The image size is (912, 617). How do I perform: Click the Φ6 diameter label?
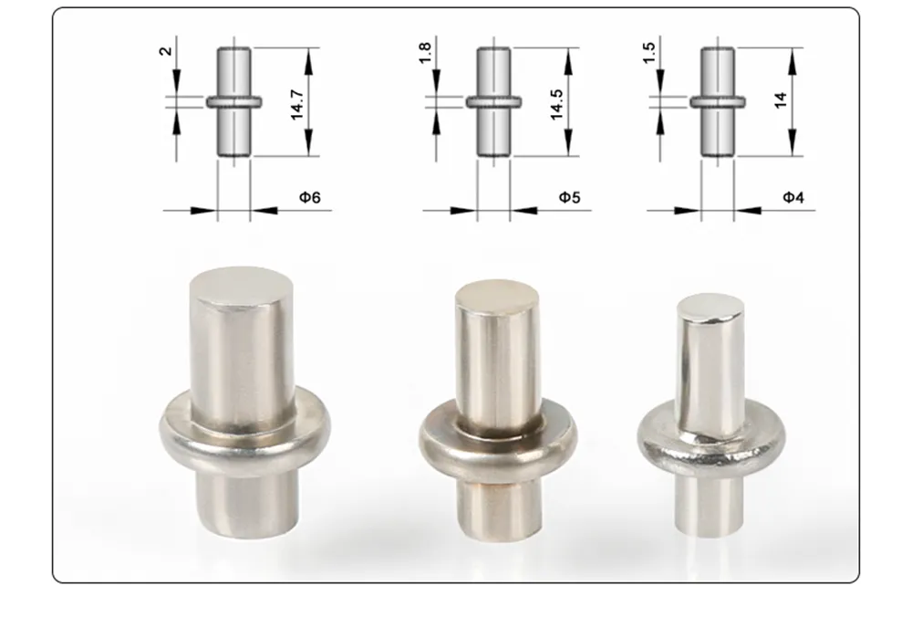pos(310,196)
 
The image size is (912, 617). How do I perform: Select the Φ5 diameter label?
pos(569,196)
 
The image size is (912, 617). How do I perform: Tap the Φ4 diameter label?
pos(793,196)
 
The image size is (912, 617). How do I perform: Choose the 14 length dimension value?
pos(780,100)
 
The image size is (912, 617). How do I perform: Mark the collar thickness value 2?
pos(165,51)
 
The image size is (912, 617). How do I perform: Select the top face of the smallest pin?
pos(711,307)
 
